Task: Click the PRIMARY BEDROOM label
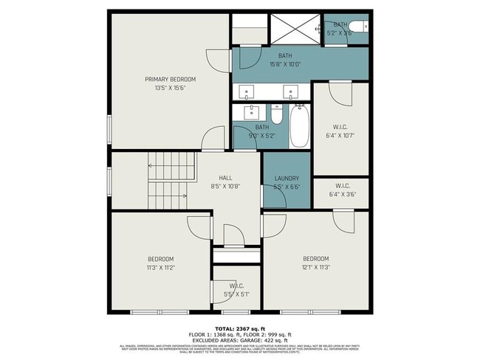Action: tap(170, 79)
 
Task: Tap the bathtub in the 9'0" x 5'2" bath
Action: tap(300, 127)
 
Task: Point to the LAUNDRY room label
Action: tap(286, 179)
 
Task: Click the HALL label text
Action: tap(225, 178)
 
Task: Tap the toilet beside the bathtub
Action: tap(277, 114)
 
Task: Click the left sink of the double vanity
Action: tap(247, 91)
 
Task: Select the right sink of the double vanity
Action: tap(291, 91)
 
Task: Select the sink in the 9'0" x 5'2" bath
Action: tap(250, 111)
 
